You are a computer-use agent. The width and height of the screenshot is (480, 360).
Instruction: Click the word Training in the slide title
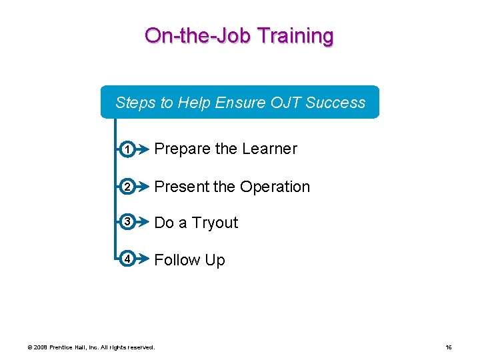click(x=293, y=36)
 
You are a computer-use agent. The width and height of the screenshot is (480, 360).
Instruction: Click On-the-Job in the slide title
click(x=197, y=36)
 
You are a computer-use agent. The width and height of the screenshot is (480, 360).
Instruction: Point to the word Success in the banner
click(x=335, y=103)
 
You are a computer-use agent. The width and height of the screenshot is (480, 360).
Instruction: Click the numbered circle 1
click(x=126, y=149)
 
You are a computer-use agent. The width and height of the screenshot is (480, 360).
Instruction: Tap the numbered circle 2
click(x=126, y=187)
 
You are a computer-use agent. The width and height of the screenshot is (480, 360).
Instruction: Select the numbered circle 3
click(x=126, y=223)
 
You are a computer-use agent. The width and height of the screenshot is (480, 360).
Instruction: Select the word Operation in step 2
click(x=275, y=187)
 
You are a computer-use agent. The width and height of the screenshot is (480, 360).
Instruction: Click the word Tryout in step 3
click(x=215, y=223)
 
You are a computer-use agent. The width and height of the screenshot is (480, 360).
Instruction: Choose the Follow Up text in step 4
click(x=189, y=260)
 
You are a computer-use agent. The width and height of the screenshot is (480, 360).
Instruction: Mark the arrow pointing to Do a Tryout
click(x=141, y=223)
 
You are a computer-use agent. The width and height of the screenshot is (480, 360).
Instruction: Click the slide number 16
click(x=449, y=347)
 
